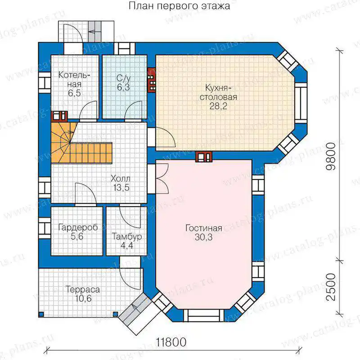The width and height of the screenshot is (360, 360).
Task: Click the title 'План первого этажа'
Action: pyautogui.click(x=179, y=6)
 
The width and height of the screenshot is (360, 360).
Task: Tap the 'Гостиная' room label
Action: pyautogui.click(x=204, y=228)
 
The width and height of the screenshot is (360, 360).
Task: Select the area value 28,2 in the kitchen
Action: pyautogui.click(x=218, y=106)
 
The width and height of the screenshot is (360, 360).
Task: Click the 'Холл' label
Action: pyautogui.click(x=120, y=178)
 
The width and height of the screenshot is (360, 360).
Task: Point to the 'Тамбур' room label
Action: pyautogui.click(x=127, y=237)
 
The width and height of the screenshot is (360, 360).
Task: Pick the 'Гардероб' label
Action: pyautogui.click(x=78, y=227)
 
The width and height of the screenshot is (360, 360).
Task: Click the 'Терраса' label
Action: pyautogui.click(x=83, y=289)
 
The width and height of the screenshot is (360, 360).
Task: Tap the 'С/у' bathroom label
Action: pyautogui.click(x=123, y=78)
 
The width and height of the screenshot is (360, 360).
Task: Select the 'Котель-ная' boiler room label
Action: pyautogui.click(x=74, y=80)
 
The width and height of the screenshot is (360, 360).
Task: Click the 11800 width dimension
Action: pyautogui.click(x=171, y=342)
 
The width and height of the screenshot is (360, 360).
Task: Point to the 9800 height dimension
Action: pyautogui.click(x=331, y=156)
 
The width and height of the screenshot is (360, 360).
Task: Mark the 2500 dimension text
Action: pyautogui.click(x=331, y=287)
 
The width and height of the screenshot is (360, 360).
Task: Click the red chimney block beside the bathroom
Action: pyautogui.click(x=152, y=79)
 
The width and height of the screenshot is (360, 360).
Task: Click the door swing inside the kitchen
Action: pyautogui.click(x=166, y=137)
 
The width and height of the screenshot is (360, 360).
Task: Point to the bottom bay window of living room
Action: pyautogui.click(x=204, y=315)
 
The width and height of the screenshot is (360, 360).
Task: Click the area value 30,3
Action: pyautogui.click(x=204, y=237)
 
